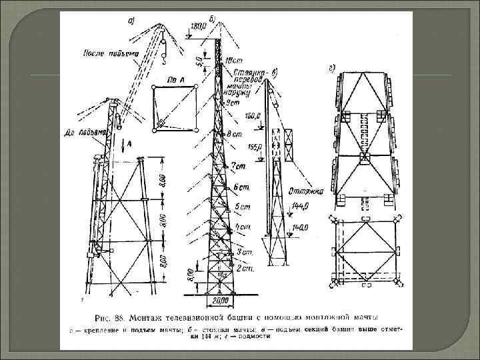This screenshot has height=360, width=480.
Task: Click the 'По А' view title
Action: tap(159, 80)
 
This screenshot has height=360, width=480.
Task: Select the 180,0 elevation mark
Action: tap(199, 26)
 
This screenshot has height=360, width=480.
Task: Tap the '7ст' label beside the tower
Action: tap(239, 165)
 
